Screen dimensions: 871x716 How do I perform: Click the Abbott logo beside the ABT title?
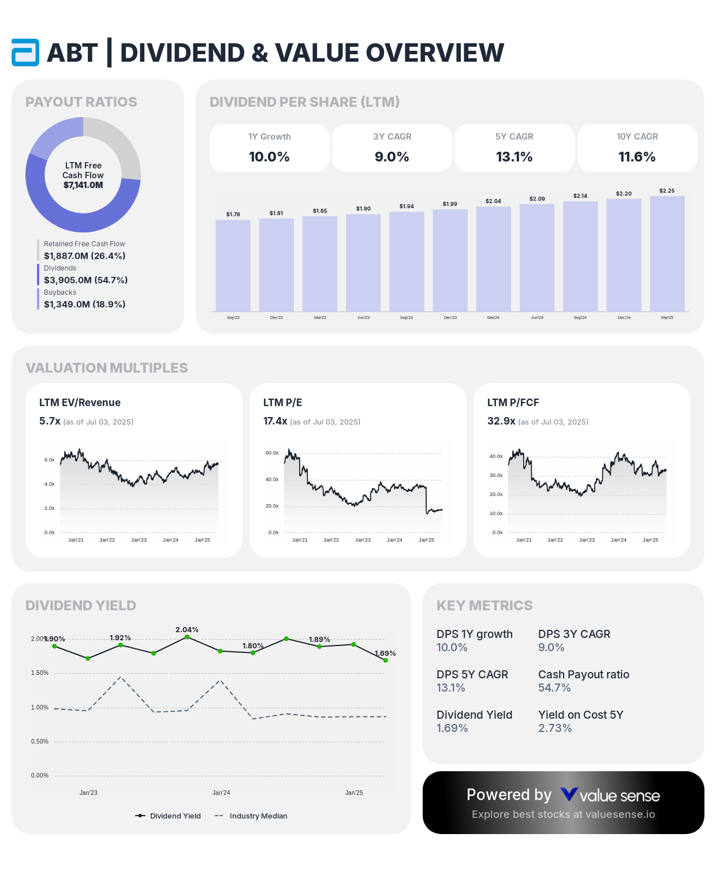25,52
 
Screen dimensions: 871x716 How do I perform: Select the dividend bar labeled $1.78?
233,265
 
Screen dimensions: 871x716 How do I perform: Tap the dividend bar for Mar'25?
667,254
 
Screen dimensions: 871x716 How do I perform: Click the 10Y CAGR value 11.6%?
637,157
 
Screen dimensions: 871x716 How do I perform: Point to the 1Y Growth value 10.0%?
269,157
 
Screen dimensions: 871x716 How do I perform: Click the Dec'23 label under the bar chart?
450,318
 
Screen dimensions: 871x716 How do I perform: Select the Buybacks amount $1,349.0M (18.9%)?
84,304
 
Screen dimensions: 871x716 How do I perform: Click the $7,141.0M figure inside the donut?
83,185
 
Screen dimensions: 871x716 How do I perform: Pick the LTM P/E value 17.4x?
275,421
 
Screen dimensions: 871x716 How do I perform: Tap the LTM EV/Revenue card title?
80,403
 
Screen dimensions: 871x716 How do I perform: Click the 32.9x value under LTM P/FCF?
501,421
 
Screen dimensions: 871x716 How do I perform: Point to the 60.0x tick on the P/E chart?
272,453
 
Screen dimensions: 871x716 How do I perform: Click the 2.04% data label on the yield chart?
187,630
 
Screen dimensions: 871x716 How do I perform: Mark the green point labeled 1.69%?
385,660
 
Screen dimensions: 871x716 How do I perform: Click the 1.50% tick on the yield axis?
40,673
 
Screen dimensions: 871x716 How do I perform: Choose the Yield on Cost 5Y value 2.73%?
555,728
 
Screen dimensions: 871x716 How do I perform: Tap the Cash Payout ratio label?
584,674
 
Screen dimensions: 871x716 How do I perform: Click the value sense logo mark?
569,795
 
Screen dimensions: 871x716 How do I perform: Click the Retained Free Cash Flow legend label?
84,244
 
